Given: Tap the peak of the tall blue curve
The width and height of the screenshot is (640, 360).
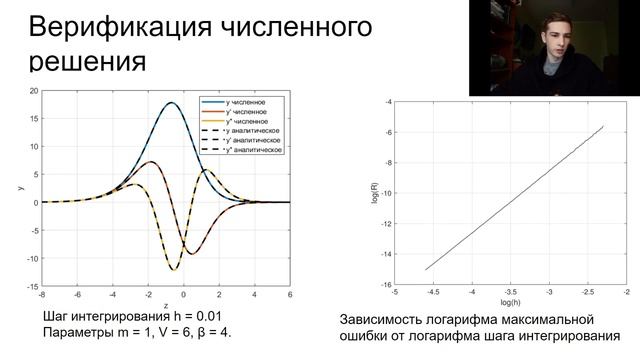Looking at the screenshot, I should pos(171,102).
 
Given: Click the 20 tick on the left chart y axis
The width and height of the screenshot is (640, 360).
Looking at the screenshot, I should pos(33,91).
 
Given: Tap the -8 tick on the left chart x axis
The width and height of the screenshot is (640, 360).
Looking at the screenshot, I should pos(41,295).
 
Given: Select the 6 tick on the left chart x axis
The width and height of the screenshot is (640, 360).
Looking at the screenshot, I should pos(290,295).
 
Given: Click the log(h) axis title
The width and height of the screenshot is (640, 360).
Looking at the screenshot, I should pos(510,302).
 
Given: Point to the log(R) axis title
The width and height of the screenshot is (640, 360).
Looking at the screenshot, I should pos(373,192).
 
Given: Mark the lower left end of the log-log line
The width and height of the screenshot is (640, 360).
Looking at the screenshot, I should pos(426,270).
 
